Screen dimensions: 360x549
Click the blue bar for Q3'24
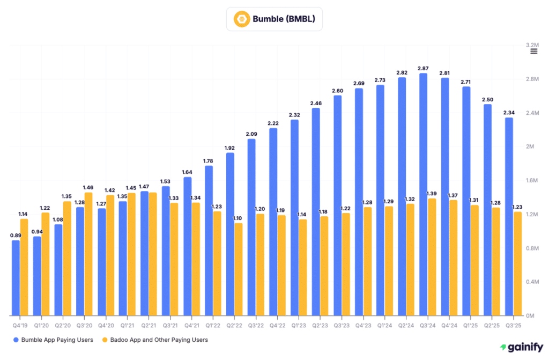click(423, 194)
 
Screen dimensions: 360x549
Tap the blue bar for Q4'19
click(16, 278)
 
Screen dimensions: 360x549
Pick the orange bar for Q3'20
click(88, 254)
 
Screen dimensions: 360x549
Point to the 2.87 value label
click(423, 68)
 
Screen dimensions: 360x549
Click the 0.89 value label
click(16, 235)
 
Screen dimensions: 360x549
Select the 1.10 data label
click(238, 218)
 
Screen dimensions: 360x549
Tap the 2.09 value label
click(251, 134)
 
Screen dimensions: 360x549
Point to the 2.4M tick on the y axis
click(532, 113)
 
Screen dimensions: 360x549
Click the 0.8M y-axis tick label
click(532, 248)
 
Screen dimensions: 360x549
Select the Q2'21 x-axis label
click(149, 325)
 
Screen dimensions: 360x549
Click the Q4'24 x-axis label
click(449, 325)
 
